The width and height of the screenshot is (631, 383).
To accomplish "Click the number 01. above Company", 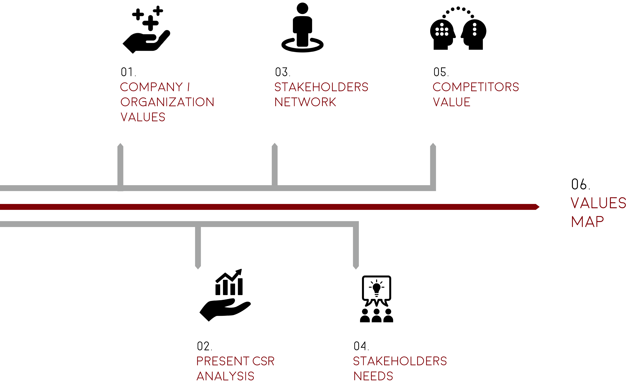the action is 128,72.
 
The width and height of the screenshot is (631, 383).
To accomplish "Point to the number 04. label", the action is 361,346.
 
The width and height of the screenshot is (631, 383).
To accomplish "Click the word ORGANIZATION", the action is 167,102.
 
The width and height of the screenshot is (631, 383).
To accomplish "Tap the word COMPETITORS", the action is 476,87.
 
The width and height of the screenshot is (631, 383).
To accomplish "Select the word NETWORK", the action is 305,102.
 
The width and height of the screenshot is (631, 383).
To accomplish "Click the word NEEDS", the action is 373,376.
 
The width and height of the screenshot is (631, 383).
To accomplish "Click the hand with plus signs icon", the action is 146,29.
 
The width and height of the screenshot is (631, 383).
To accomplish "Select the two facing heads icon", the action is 458,28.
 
